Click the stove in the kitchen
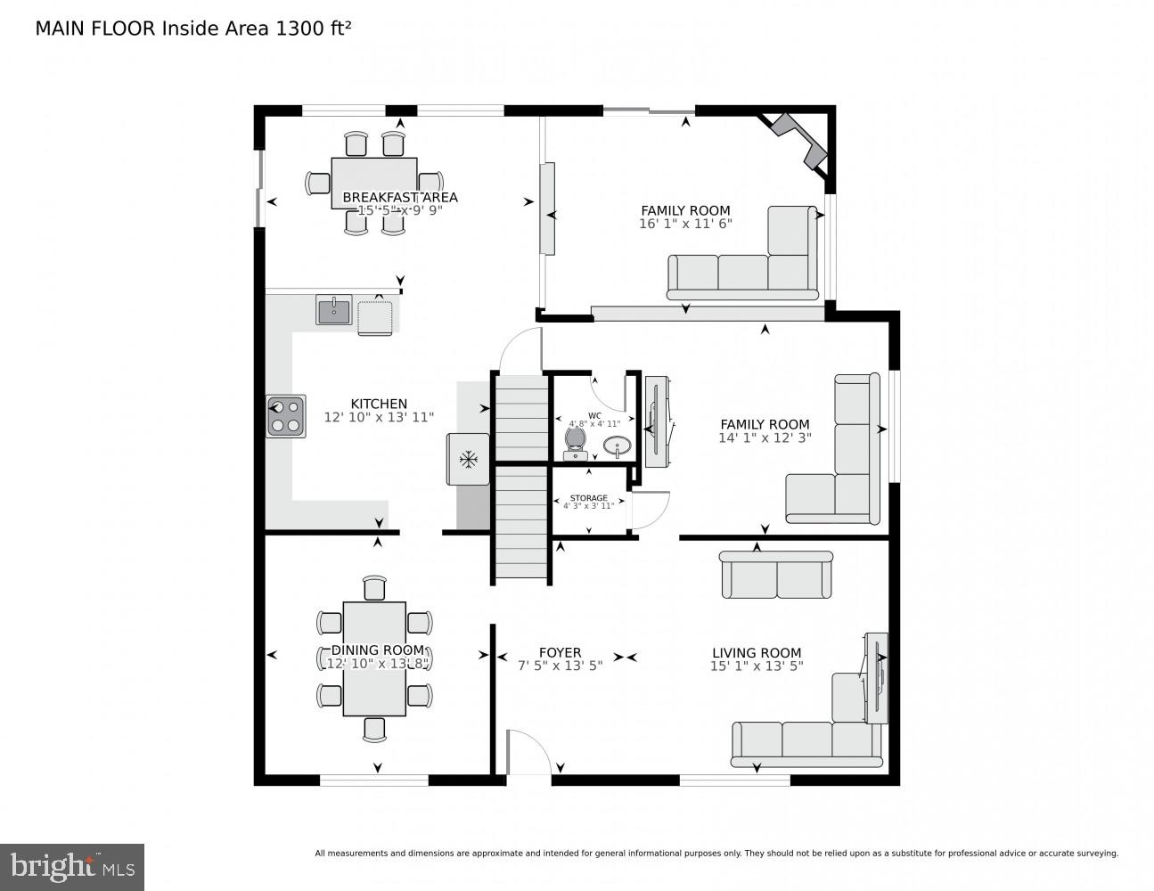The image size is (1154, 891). tap(286, 416)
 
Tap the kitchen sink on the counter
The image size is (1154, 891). tap(334, 310)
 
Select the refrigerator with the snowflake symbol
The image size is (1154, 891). tap(468, 460)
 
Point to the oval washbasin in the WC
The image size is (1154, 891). tap(617, 445)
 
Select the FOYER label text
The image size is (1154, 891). tap(560, 652)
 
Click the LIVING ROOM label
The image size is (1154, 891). tap(757, 652)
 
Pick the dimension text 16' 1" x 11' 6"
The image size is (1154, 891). tap(685, 224)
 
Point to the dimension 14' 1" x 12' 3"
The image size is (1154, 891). tap(765, 437)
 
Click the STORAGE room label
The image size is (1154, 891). tap(589, 498)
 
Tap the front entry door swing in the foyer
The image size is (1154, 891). tap(529, 753)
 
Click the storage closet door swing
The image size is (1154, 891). tap(649, 511)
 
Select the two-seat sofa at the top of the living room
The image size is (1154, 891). tap(776, 575)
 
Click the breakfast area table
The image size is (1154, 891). tap(374, 183)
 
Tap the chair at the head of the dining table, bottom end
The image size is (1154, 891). tap(375, 729)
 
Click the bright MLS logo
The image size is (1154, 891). tap(71, 866)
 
